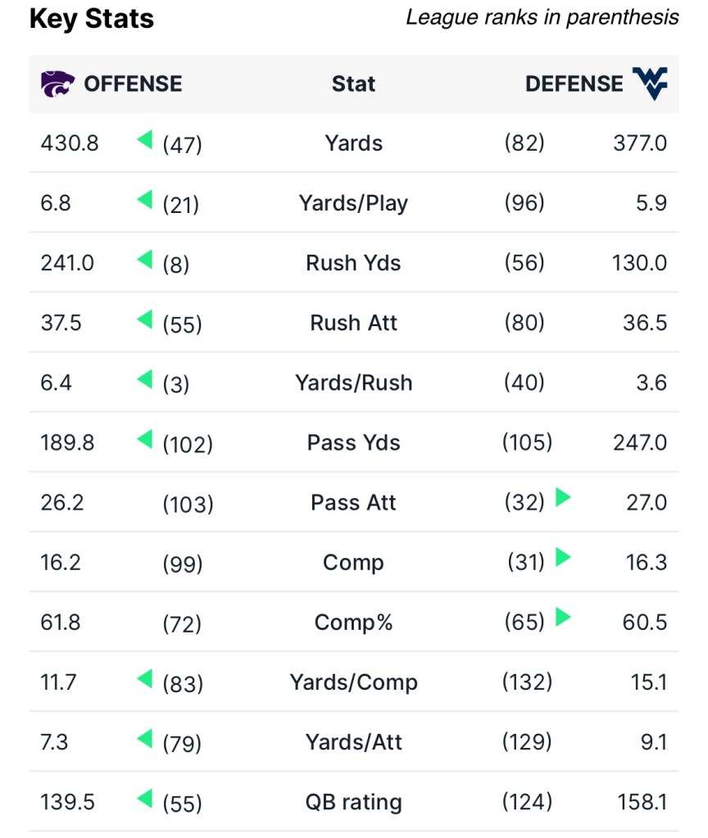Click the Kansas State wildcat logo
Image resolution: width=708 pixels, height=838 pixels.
click(57, 84)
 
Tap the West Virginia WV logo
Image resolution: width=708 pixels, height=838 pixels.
click(650, 84)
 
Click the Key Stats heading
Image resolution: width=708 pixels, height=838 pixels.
click(92, 19)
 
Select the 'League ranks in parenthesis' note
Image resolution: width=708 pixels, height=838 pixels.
click(542, 17)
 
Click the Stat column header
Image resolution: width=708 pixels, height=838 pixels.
click(353, 84)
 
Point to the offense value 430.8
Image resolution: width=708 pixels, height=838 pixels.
click(70, 143)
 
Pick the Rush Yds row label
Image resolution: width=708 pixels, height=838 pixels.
click(353, 263)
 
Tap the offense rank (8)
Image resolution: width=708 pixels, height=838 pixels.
click(176, 264)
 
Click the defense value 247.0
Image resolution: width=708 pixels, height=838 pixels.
click(640, 442)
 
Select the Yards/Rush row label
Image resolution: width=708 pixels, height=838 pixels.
click(353, 383)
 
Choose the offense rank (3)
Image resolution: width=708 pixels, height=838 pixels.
click(176, 383)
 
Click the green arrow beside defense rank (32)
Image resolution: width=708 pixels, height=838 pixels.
click(563, 497)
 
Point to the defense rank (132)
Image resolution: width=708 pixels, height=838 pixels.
click(527, 682)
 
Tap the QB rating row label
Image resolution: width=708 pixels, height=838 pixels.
click(353, 802)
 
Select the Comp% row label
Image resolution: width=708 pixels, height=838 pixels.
click(353, 623)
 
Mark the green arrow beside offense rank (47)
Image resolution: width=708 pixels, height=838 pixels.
click(145, 141)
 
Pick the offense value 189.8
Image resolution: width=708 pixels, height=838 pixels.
click(67, 442)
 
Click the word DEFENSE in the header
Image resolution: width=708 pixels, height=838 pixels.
click(574, 84)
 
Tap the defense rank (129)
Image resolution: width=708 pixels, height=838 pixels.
click(527, 742)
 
